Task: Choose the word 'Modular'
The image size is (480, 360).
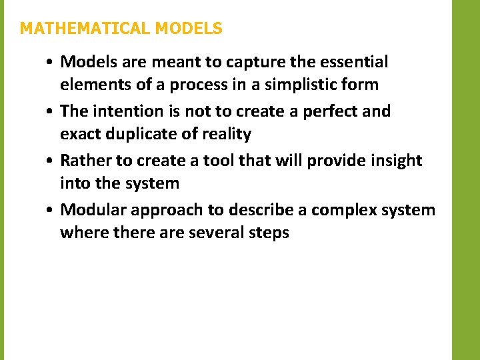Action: coord(93,210)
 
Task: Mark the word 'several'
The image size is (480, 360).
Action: coord(215,233)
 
